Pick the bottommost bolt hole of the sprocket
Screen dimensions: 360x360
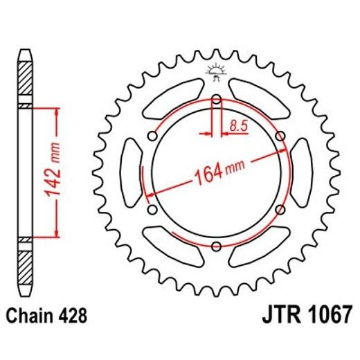(216, 246)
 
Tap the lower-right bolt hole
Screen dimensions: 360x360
(279, 210)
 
